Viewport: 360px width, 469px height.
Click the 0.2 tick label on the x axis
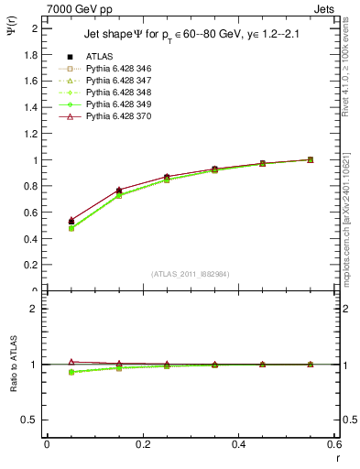pyautogui.click(x=142, y=446)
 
